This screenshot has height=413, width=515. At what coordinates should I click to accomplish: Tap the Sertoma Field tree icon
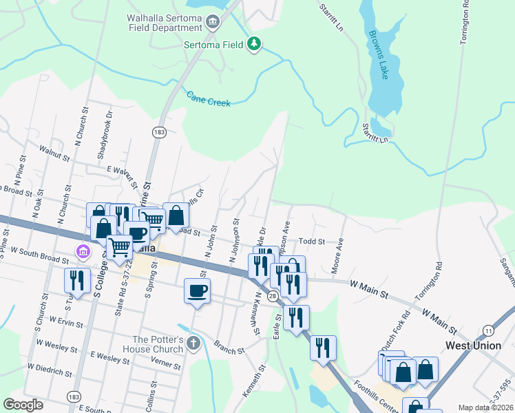click(x=255, y=44)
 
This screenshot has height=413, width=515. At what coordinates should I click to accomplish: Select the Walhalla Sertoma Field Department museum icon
click(x=212, y=23)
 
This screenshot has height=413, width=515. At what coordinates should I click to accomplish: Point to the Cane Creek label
click(x=209, y=99)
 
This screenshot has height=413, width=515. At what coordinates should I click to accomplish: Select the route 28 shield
click(x=272, y=295)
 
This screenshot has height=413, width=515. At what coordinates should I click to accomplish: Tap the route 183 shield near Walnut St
click(x=159, y=131)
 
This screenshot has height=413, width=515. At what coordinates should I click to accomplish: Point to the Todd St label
click(x=311, y=242)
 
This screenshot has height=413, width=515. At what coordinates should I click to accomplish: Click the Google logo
click(x=23, y=405)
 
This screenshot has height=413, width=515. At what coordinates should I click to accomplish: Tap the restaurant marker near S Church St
click(x=76, y=279)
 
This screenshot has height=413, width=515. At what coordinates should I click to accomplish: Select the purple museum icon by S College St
click(x=84, y=251)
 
